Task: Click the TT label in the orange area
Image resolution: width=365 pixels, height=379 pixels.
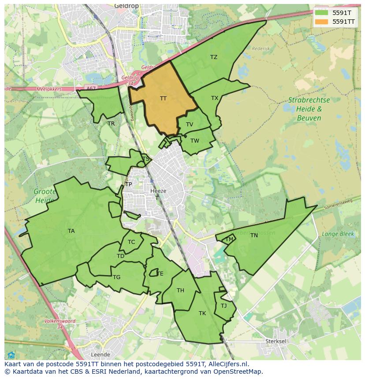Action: coord(163,99)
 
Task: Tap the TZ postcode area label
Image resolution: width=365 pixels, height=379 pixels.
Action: coord(214,57)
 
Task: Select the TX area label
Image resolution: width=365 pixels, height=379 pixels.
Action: coord(215,98)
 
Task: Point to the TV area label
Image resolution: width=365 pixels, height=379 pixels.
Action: coord(190,125)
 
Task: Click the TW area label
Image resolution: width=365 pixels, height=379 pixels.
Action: coord(195,141)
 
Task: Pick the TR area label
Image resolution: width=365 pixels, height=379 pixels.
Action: coord(111,124)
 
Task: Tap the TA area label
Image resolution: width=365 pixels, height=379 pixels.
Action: coord(71,231)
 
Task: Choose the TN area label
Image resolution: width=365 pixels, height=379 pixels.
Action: coord(254,235)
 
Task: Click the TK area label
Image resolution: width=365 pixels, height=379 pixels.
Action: coord(202,313)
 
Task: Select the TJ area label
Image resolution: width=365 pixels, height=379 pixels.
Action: coord(223,306)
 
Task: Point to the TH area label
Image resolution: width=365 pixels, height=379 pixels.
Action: coord(180,291)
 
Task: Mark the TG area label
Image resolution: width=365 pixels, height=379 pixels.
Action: coord(116,277)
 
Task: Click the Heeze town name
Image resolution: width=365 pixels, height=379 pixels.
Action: coord(158,191)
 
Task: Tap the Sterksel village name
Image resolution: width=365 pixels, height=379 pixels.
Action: coord(276,341)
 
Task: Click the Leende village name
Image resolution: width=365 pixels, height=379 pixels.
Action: coord(100,354)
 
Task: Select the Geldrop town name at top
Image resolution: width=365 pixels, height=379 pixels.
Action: coord(126,6)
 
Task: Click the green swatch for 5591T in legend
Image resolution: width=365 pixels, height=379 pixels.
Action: coord(321,12)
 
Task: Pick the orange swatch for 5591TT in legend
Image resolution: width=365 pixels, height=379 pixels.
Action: coord(321,21)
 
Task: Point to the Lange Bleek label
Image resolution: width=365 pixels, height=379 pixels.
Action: coord(338,234)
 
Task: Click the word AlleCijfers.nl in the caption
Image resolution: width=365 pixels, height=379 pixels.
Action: coord(228,364)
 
